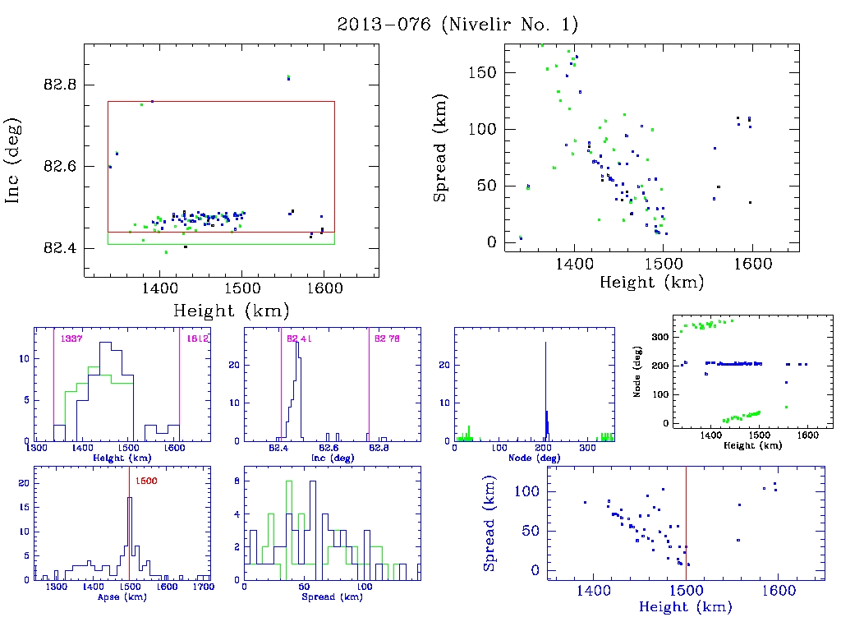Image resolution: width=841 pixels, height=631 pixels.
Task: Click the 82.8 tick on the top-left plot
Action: (x=59, y=85)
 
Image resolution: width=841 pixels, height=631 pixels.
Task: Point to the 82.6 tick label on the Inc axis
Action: (x=59, y=166)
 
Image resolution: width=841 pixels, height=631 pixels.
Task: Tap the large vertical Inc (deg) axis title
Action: (x=14, y=160)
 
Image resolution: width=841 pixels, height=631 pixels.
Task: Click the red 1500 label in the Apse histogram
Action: (x=145, y=481)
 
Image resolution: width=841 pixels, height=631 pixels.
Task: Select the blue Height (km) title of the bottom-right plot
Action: (x=686, y=607)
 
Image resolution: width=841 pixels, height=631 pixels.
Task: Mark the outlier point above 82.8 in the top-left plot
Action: (x=288, y=77)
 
